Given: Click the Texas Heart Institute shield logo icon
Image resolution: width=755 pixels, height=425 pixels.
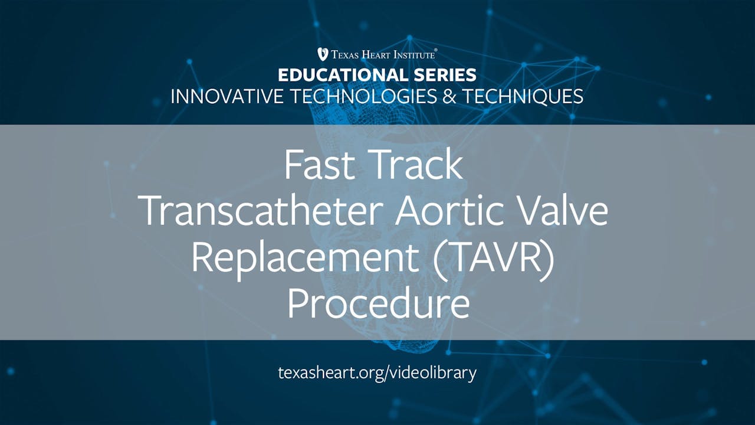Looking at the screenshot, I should tap(323, 54).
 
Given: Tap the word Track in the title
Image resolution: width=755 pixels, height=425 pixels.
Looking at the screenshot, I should tap(419, 166).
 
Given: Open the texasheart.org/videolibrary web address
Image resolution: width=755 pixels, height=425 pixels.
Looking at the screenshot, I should tap(377, 373).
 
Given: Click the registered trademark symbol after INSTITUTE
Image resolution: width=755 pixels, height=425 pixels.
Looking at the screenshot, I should tap(436, 51).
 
